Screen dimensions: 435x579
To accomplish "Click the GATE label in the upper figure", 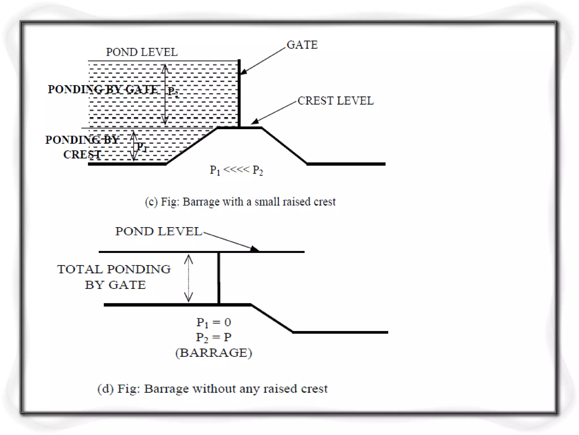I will pyautogui.click(x=302, y=45).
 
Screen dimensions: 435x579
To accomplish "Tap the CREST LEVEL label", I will pyautogui.click(x=336, y=101).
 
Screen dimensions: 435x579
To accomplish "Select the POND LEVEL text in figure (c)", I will pyautogui.click(x=142, y=52).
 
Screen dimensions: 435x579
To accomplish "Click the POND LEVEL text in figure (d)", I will pyautogui.click(x=158, y=231).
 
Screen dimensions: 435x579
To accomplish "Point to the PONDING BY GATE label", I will pyautogui.click(x=103, y=89).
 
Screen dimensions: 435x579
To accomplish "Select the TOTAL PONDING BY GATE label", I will pyautogui.click(x=114, y=277).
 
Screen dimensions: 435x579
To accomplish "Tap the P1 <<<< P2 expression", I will pyautogui.click(x=236, y=170).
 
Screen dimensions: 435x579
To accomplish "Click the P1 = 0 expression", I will pyautogui.click(x=213, y=322).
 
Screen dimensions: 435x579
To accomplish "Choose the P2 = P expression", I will pyautogui.click(x=213, y=337).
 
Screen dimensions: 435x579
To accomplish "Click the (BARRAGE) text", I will pyautogui.click(x=213, y=353).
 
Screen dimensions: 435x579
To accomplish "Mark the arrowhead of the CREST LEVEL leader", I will pyautogui.click(x=255, y=122).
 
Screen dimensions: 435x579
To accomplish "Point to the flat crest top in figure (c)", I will pyautogui.click(x=239, y=128).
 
